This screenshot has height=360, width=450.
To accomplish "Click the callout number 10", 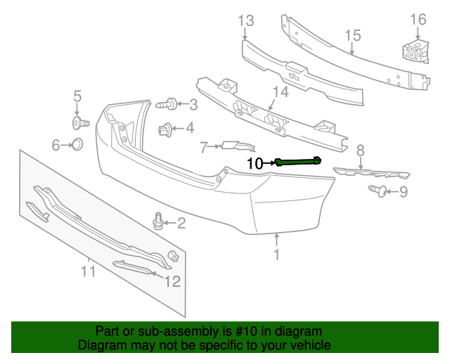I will (255, 163).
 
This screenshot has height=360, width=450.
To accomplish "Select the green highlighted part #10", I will (299, 161).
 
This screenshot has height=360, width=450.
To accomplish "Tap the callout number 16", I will (418, 19).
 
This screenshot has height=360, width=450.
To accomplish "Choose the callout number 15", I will (352, 36).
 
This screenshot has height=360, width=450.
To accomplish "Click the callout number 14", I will (280, 91).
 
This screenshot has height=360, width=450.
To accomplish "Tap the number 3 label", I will (192, 105).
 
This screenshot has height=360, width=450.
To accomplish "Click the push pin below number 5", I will (79, 124).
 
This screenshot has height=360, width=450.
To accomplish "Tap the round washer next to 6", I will (78, 146).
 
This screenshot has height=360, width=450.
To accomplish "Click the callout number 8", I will (360, 149).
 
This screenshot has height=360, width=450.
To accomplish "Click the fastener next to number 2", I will (159, 222).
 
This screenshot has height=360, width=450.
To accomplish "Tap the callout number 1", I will (276, 255).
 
